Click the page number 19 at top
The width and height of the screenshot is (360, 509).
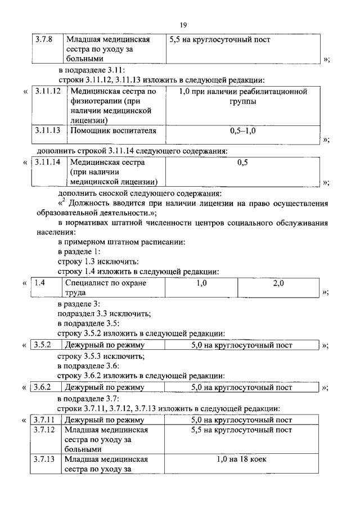click(x=183, y=25)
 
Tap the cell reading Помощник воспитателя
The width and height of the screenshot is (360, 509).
click(x=112, y=131)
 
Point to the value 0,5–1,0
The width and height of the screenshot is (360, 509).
click(x=242, y=131)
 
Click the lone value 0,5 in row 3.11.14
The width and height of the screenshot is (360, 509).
click(x=242, y=163)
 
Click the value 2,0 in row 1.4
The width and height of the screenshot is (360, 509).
click(x=278, y=283)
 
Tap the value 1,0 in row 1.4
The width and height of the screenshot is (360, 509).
click(x=202, y=283)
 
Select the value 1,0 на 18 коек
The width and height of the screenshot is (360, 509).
click(x=242, y=460)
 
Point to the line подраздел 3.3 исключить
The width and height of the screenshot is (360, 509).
click(x=104, y=314)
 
